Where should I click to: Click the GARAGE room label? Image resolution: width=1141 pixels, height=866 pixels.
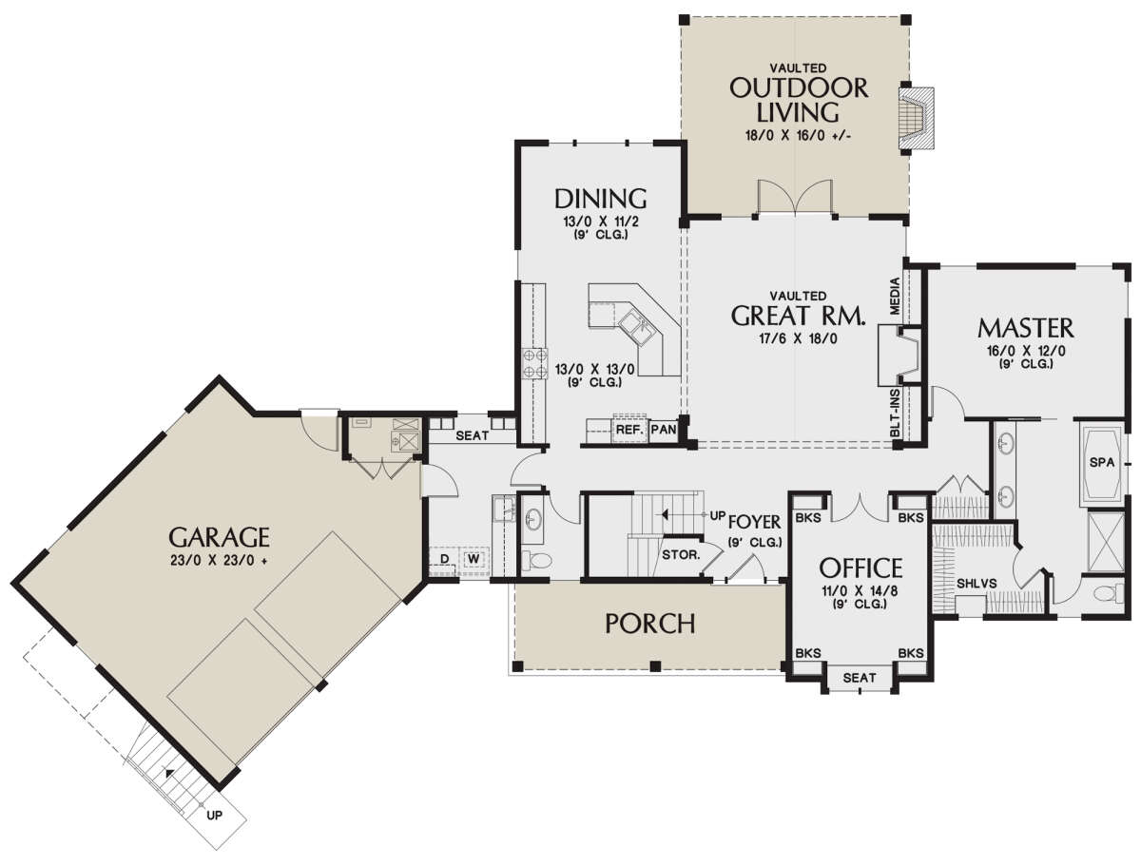coord(220,538)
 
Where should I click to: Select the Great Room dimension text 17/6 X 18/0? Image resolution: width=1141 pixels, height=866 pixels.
coord(799,338)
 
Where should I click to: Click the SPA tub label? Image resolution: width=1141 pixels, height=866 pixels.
coord(1102,462)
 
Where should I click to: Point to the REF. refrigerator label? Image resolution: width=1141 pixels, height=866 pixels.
coord(630,430)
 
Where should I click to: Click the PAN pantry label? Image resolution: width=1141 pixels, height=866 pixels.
coord(664,430)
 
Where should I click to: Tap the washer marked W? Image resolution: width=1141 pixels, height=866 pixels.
coord(474,559)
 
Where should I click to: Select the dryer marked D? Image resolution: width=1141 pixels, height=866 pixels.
coord(444,559)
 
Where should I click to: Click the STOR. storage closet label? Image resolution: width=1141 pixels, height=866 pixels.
coord(681,555)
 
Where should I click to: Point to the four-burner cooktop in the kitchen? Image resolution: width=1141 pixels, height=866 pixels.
coord(535,364)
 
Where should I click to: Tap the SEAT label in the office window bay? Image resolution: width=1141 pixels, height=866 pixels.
coord(860,678)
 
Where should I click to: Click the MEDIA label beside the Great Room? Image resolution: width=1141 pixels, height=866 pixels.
coord(894,296)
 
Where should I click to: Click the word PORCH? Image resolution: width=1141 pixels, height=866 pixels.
coord(650,624)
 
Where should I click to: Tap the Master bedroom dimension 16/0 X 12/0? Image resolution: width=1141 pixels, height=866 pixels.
coord(1026,351)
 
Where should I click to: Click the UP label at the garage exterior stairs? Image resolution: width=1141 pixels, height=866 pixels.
coord(214,815)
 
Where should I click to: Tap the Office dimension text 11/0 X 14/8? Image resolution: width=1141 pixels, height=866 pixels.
coord(860,590)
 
